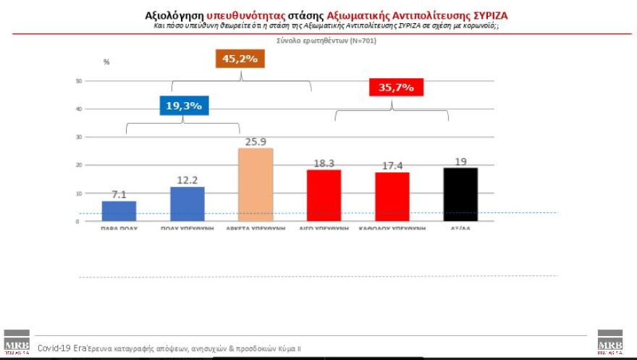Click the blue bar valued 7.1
[119, 211]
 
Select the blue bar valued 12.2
[187, 204]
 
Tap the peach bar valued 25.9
[256, 185]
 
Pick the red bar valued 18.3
[324, 196]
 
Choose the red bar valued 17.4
[392, 196]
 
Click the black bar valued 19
[460, 194]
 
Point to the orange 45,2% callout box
[240, 59]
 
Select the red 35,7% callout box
[396, 88]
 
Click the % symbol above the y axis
[106, 62]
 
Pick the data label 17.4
[392, 165]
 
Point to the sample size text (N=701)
[350, 41]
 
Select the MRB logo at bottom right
[609, 342]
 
